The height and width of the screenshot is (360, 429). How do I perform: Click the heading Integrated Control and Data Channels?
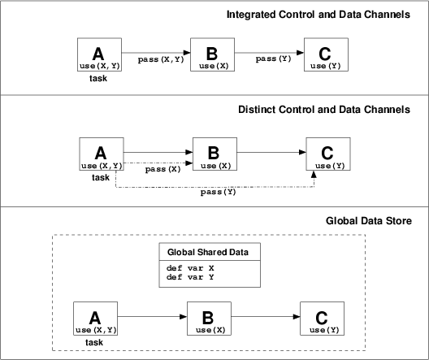point(318,15)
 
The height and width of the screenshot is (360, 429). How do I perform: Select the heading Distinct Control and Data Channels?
point(324,110)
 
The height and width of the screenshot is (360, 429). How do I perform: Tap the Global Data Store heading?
point(369,221)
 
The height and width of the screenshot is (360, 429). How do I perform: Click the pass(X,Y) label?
point(161,59)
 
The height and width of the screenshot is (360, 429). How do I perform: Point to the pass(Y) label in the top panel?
point(273,59)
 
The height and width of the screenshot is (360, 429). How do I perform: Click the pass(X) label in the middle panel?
point(162,169)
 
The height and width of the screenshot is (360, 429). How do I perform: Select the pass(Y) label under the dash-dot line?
point(218,192)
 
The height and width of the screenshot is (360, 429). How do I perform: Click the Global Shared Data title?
point(208,252)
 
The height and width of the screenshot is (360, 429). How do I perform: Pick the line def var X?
point(190,268)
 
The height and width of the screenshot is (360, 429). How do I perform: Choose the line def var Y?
point(190,277)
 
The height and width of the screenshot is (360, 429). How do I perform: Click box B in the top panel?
point(212,54)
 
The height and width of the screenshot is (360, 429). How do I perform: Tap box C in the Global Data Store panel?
point(322,319)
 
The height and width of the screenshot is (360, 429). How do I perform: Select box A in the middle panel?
point(102,154)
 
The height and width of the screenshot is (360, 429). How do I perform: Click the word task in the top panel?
point(98,79)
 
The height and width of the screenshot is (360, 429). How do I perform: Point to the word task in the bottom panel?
point(94,342)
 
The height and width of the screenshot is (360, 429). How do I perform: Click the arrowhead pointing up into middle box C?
point(314,174)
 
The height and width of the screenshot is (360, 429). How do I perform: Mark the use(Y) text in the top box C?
point(326,66)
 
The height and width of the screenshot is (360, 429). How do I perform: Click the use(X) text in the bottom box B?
point(210,330)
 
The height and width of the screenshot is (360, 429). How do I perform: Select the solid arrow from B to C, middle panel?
point(271,153)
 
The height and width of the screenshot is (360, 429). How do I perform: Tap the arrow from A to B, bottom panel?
point(152,317)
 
